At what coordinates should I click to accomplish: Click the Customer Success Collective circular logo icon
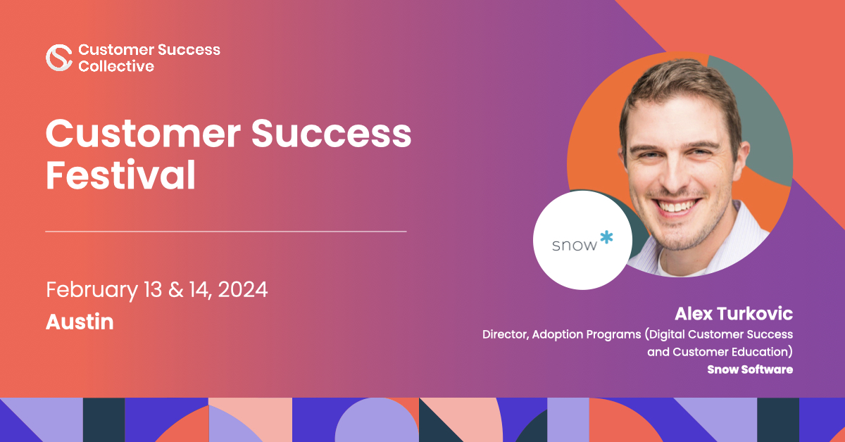(x=59, y=57)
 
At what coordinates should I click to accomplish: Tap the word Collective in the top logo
(x=116, y=66)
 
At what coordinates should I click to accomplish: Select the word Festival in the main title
(x=120, y=175)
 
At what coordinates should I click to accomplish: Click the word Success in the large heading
(x=331, y=133)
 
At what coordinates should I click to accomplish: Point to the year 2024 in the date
(x=242, y=290)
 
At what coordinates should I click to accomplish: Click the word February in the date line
(x=92, y=291)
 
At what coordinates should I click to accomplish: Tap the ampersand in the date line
(x=175, y=290)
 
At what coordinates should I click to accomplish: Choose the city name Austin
(x=80, y=322)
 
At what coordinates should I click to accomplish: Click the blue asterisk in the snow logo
(x=606, y=237)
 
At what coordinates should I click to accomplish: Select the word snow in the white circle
(x=575, y=246)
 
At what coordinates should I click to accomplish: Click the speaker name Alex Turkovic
(x=734, y=314)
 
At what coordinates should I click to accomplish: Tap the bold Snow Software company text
(x=750, y=370)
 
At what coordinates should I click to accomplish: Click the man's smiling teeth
(x=677, y=207)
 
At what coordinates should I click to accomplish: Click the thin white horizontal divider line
(x=226, y=231)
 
